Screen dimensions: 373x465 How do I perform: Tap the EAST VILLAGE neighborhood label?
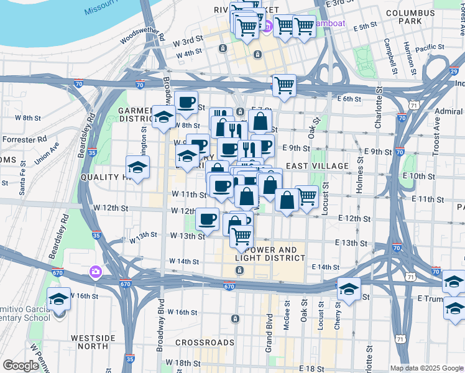317,166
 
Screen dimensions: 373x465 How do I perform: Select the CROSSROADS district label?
205,343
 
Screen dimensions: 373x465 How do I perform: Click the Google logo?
21,366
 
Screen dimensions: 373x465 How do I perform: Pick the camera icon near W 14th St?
95,272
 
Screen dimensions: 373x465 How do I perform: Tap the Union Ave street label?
47,154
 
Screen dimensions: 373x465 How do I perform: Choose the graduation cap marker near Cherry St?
349,288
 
